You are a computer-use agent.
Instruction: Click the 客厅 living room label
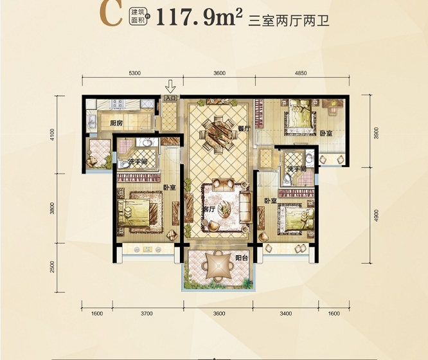(208, 210)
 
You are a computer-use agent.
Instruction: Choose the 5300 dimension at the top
(134, 73)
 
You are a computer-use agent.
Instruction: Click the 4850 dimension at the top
(301, 73)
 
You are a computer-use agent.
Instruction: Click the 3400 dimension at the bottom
(286, 313)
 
